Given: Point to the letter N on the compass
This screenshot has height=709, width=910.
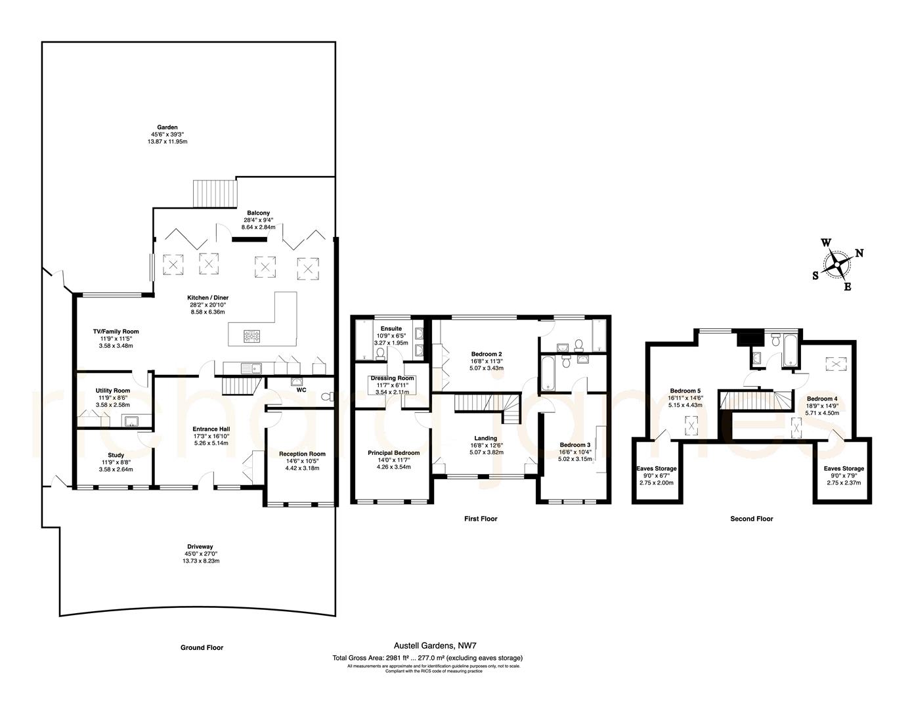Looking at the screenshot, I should [859, 253].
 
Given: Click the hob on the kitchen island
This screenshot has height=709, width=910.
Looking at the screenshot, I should [253, 337].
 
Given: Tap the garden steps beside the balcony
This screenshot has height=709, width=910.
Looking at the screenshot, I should [214, 194].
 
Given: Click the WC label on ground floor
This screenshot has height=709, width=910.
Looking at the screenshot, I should [301, 390].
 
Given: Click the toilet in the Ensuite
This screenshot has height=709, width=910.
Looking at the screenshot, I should [380, 353].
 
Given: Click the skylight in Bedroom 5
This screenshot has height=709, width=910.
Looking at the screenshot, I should [691, 426].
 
